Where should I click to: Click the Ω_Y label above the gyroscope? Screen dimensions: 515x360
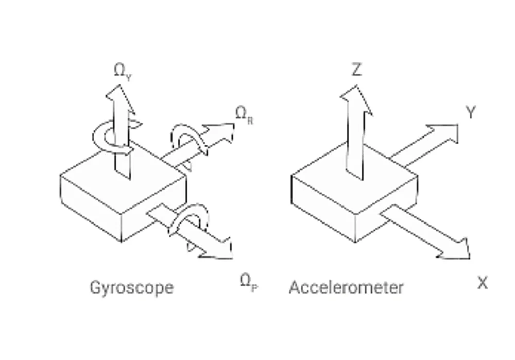123,71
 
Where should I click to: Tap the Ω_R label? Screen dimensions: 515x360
245,115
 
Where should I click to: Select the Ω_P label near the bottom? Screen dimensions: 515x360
249,282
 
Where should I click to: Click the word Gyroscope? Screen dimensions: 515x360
132,288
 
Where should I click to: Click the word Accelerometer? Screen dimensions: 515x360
346,287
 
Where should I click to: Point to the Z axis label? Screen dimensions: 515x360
356,70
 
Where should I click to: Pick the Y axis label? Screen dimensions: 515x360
471,112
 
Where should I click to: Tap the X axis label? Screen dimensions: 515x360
483,283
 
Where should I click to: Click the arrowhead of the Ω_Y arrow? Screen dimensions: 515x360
120,98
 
